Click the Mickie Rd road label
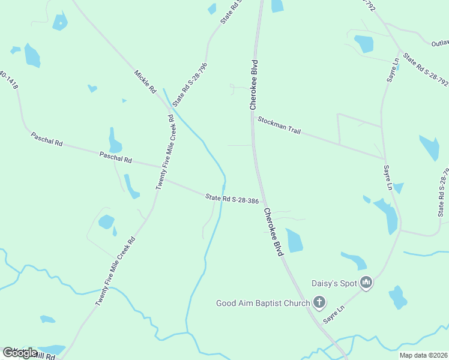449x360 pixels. point(145,82)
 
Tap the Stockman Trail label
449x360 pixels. point(279,125)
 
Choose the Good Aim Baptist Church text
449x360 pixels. point(263,303)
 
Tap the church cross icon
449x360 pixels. point(319,303)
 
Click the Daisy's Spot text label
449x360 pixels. point(334,283)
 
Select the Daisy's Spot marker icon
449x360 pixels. point(366,283)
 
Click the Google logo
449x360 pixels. point(20,352)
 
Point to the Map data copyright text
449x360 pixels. point(423,355)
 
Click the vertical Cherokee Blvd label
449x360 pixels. point(255,85)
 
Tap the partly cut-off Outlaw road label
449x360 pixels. point(439,43)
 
